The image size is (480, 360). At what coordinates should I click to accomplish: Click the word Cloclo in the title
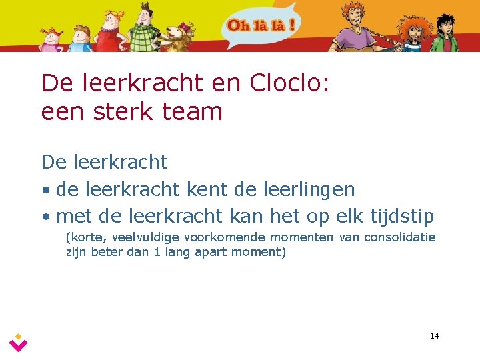point(287,83)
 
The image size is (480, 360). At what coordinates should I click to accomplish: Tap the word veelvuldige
point(147,237)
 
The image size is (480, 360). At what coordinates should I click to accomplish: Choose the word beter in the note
point(105,253)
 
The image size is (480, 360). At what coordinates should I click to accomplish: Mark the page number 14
point(434,335)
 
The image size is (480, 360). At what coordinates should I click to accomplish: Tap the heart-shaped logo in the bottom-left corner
point(19,343)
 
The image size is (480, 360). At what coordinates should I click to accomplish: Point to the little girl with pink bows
point(50,40)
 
